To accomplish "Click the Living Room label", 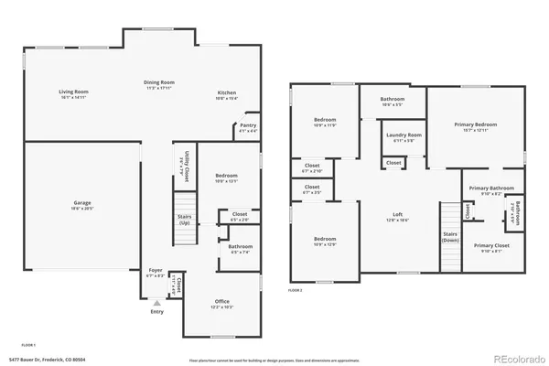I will coord(72,92).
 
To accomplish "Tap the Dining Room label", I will coord(159,82).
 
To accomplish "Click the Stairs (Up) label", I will coord(185,219).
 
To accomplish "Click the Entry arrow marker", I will coord(157,301).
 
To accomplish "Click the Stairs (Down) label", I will coord(450,236).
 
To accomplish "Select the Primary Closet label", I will coord(491,246).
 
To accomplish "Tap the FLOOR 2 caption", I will coord(296,289).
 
